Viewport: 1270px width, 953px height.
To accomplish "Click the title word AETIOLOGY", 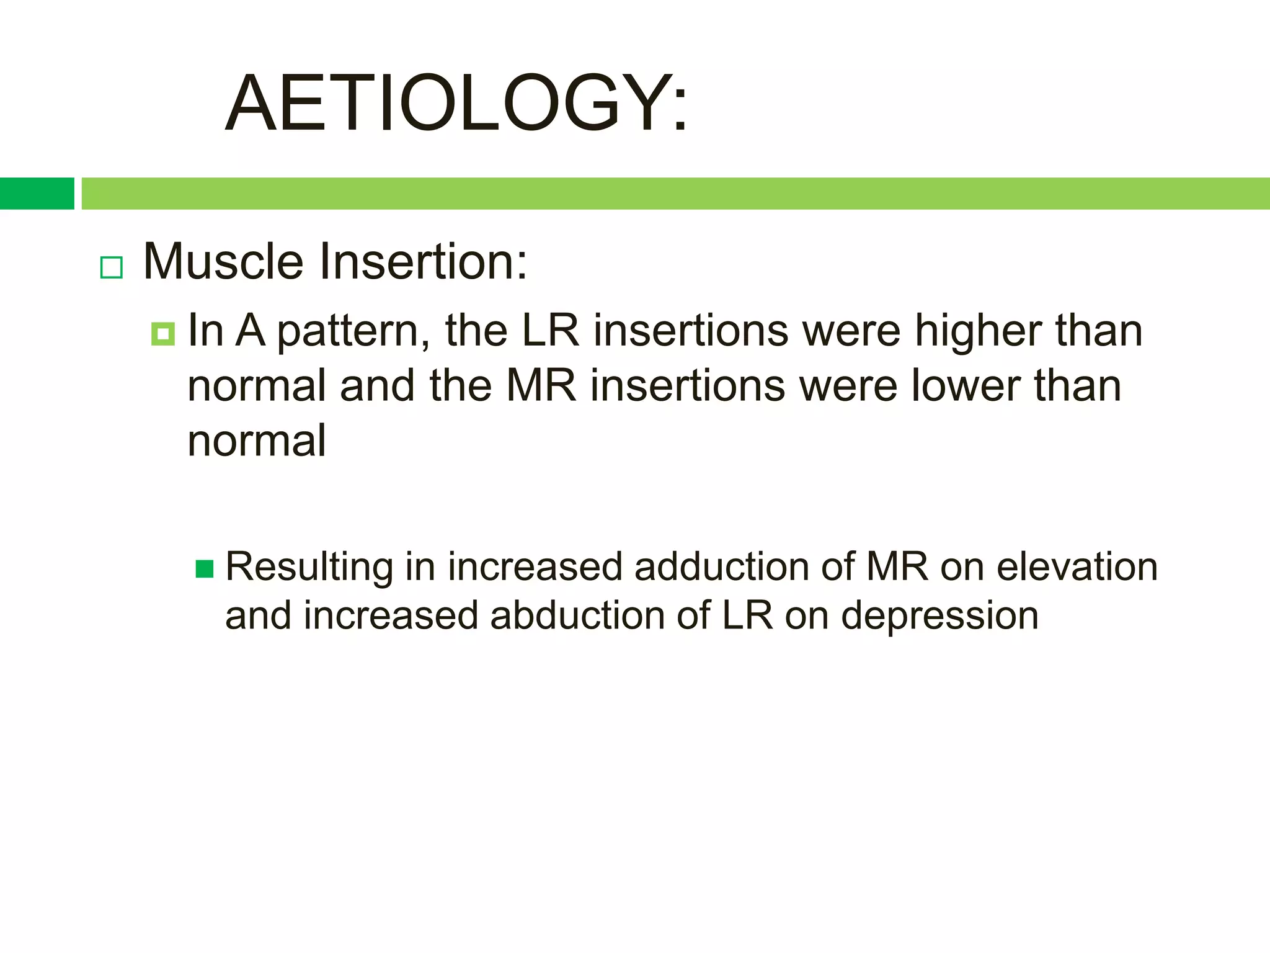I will point(456,103).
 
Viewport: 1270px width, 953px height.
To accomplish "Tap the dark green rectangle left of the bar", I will point(37,194).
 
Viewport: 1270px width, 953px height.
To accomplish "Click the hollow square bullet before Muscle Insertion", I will point(112,267).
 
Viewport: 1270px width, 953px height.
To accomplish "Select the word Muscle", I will point(223,261).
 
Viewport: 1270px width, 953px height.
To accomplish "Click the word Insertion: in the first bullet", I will point(423,261).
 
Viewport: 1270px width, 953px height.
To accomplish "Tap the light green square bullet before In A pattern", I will point(162,334).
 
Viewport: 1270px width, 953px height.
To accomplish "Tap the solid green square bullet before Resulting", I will point(205,569).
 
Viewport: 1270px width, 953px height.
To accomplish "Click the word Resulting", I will point(309,568).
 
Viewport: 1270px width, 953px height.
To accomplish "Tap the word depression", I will point(939,617).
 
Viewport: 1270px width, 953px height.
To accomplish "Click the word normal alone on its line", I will point(256,441).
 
